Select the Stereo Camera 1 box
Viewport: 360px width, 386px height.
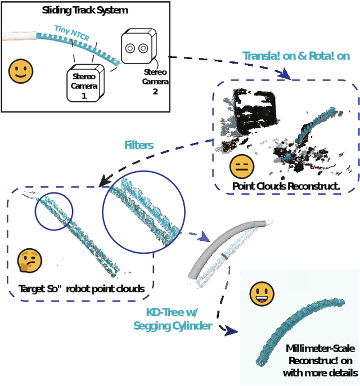(84, 83)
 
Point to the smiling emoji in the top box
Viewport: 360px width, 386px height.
(21, 71)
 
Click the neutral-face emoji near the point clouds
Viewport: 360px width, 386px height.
(242, 165)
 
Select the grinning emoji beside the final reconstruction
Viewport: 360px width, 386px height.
(262, 294)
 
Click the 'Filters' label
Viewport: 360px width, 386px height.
(138, 145)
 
